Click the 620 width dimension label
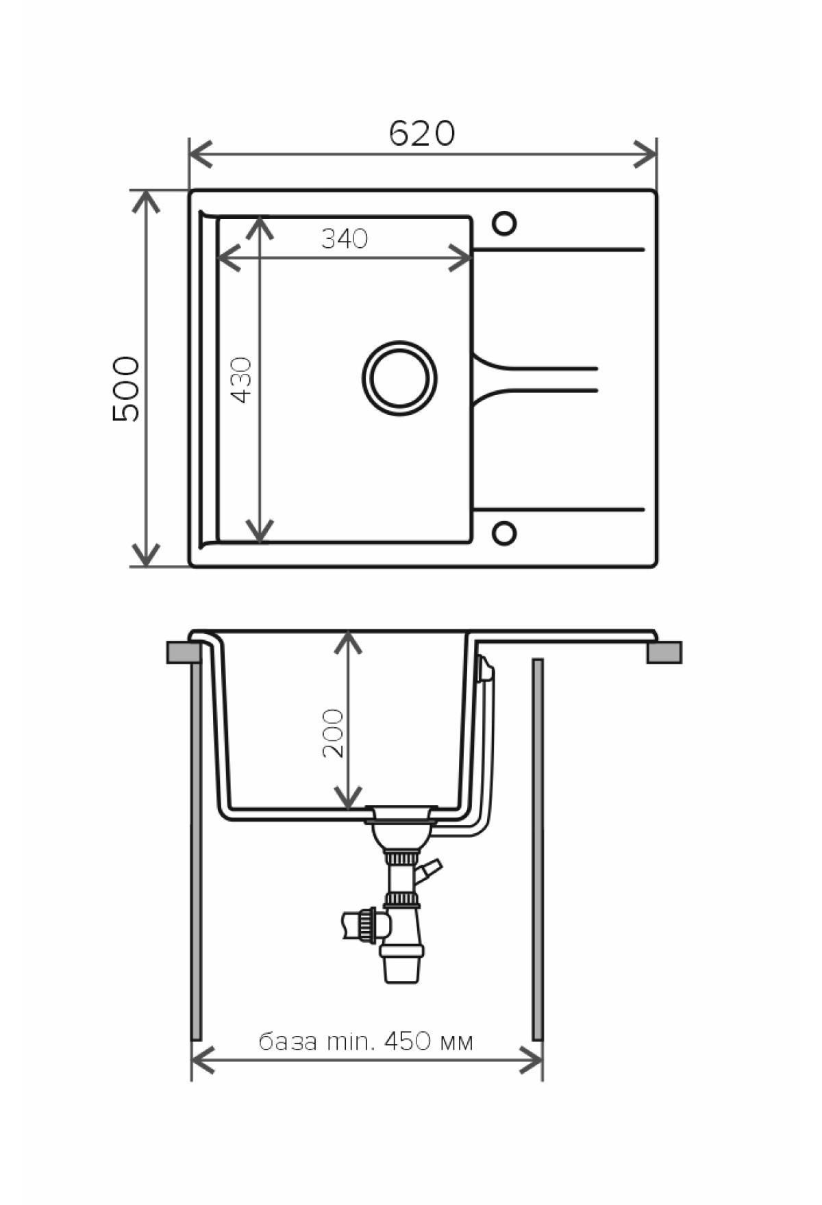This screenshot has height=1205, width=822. [x=421, y=134]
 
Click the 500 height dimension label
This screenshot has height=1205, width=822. [x=127, y=388]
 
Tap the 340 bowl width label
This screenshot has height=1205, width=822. [x=345, y=238]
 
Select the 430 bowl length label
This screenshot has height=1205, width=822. [x=242, y=379]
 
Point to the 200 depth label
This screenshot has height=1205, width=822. [x=333, y=733]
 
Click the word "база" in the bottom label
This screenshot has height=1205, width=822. [x=288, y=1042]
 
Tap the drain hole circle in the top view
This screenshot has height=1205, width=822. [x=400, y=378]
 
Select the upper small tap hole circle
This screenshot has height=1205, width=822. [x=504, y=223]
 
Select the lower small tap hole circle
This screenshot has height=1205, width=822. [x=504, y=533]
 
